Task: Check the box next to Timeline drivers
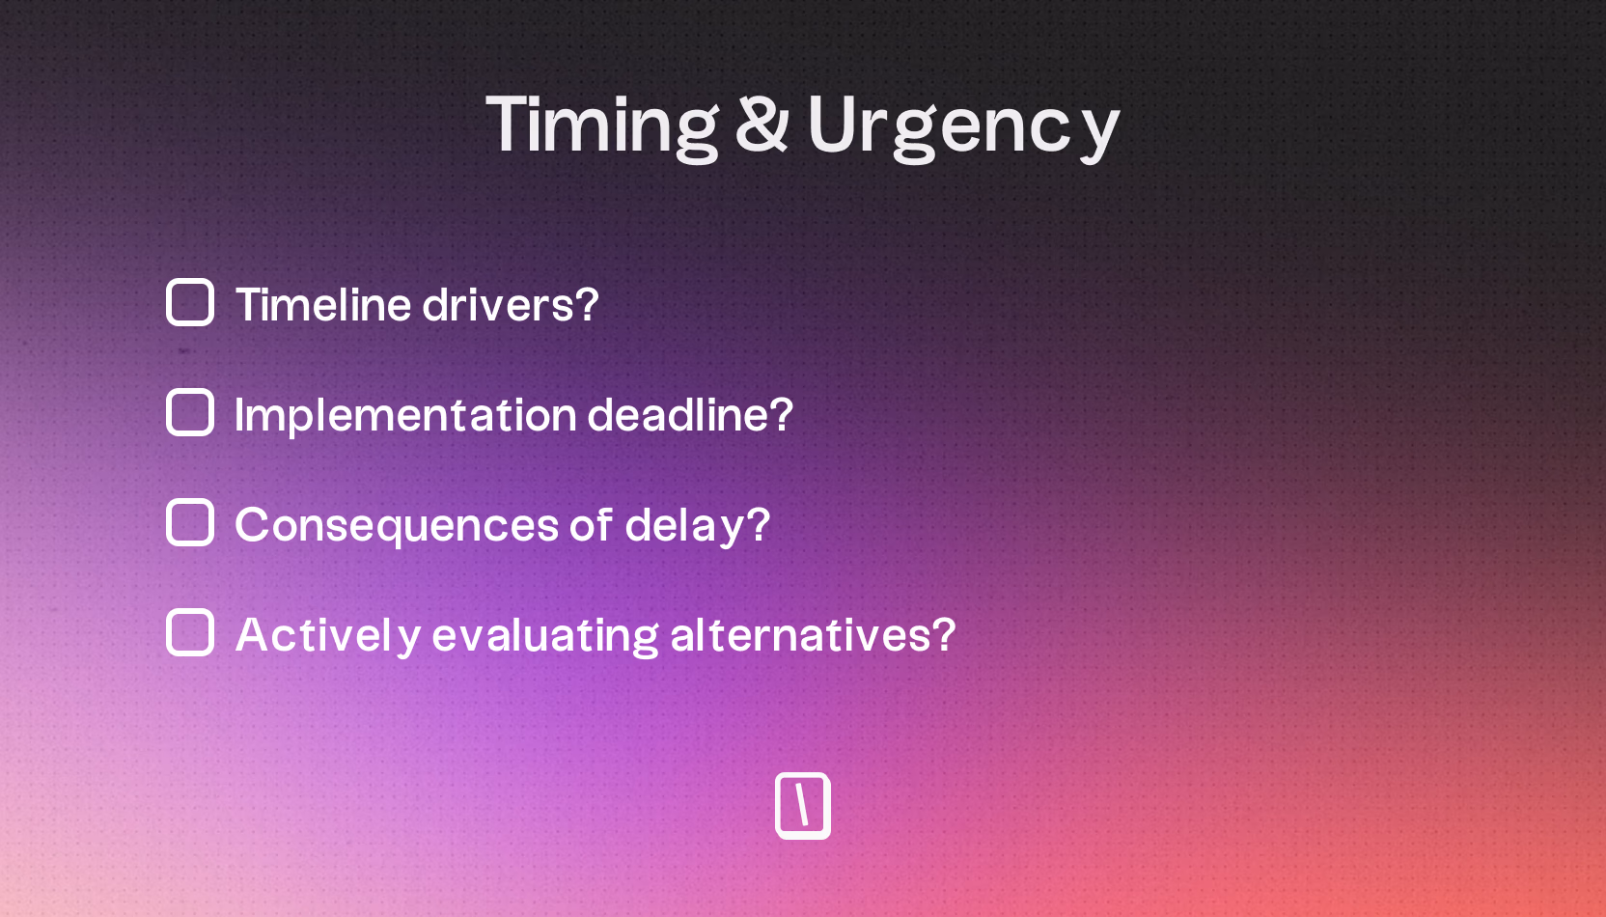click(x=190, y=302)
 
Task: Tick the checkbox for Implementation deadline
click(x=190, y=412)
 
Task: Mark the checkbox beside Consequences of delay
click(x=190, y=522)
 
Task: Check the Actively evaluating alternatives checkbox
click(x=190, y=632)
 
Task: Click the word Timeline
click(x=323, y=305)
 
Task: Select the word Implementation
click(x=405, y=416)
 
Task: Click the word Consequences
click(x=397, y=526)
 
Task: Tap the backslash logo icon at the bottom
click(x=803, y=806)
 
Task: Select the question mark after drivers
click(x=587, y=304)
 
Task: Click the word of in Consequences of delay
click(x=590, y=525)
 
